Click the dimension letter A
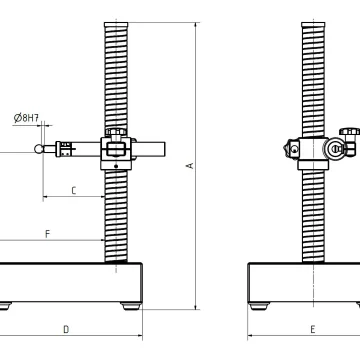[x=191, y=165]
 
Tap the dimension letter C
[x=74, y=191]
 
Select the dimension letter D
[x=66, y=329]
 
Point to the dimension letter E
[x=313, y=329]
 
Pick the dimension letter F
[x=48, y=234]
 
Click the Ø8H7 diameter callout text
[x=26, y=118]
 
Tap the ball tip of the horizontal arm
[x=39, y=149]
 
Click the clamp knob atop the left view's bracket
[x=116, y=132]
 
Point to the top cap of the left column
[x=116, y=25]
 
